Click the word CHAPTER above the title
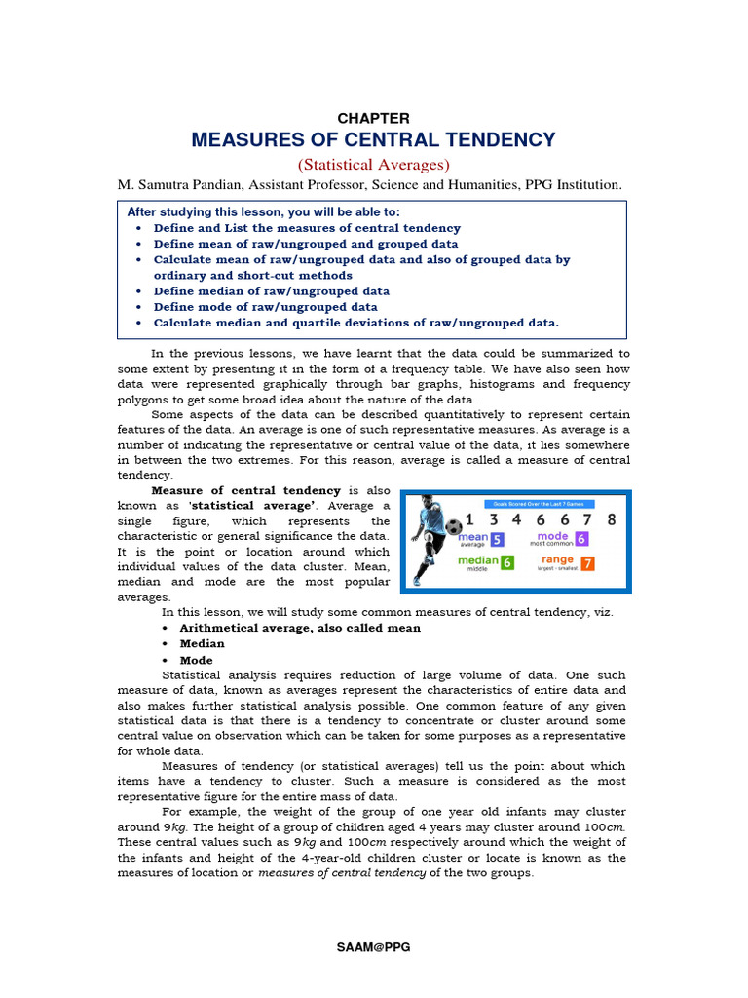(373, 118)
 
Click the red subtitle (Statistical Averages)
(373, 165)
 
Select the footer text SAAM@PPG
(373, 947)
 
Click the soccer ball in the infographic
(454, 527)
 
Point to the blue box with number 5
(497, 539)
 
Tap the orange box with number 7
(587, 563)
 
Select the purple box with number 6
(581, 539)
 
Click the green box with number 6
(507, 563)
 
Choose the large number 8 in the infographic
(612, 519)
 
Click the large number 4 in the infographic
(515, 519)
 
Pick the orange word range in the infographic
(557, 559)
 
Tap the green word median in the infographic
(477, 560)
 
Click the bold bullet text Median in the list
(202, 643)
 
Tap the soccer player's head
(430, 505)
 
